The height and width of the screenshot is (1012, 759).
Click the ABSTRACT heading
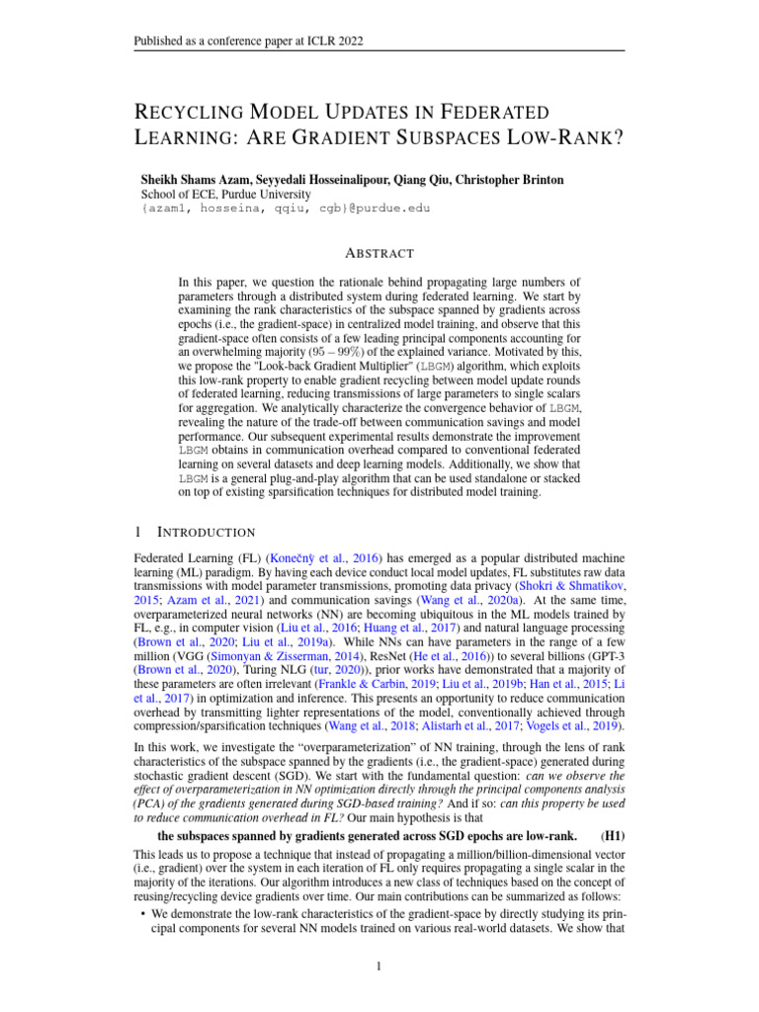(379, 253)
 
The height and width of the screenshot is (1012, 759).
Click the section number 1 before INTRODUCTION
(136, 532)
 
